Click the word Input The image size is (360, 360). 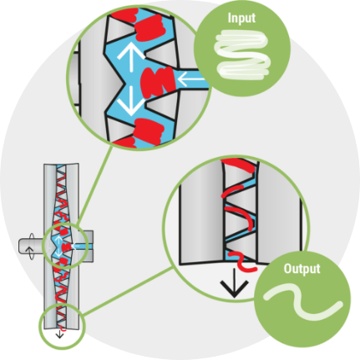coord(241,18)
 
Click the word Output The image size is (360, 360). coord(302,269)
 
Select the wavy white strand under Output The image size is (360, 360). coord(302,302)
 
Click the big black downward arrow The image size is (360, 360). coord(234,282)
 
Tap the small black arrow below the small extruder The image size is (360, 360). coord(59,334)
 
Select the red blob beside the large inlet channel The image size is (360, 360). coord(158,82)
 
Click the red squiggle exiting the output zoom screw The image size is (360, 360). coord(243,261)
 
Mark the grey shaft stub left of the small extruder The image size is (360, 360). coord(31,246)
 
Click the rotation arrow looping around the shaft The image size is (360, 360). coord(30,246)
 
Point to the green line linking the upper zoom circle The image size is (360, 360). coord(94,186)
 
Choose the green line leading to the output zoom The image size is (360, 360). coord(127,292)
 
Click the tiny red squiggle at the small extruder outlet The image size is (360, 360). coord(63,329)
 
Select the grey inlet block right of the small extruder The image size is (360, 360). coord(86,246)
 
